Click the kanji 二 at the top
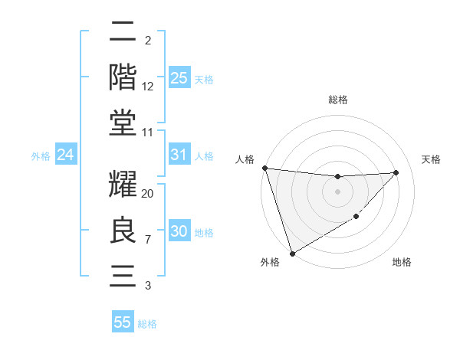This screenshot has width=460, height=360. click(123, 33)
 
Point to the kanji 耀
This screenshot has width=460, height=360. click(123, 185)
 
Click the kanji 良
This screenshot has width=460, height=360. click(123, 231)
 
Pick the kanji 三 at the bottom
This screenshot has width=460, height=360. click(123, 275)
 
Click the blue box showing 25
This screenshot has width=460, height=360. click(179, 77)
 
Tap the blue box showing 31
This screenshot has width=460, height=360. click(179, 155)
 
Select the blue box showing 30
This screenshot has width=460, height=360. click(179, 231)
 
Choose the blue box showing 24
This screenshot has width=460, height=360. click(65, 155)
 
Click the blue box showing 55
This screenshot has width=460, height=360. click(123, 322)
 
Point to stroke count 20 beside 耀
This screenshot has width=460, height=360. click(148, 193)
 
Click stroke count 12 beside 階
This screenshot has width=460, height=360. click(148, 86)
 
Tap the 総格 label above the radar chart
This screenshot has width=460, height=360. click(338, 100)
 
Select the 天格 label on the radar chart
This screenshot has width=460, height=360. click(432, 159)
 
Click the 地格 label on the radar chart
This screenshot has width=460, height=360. click(402, 262)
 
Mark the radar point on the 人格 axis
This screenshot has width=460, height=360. click(264, 168)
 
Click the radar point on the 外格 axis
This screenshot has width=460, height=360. click(292, 253)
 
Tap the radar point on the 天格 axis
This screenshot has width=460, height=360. click(396, 172)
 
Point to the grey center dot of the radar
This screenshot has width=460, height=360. click(338, 191)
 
